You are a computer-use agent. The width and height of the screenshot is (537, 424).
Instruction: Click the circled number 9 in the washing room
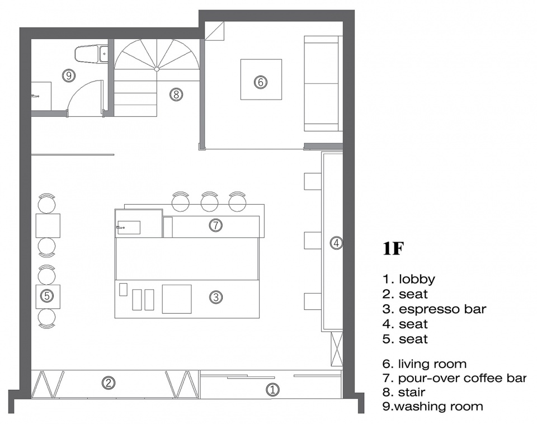pyautogui.click(x=69, y=75)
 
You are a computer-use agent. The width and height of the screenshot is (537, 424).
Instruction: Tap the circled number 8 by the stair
pyautogui.click(x=176, y=94)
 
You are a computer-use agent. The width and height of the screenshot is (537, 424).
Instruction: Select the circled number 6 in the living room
pyautogui.click(x=260, y=82)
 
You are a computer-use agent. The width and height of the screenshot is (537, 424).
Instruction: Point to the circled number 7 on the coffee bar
pyautogui.click(x=215, y=225)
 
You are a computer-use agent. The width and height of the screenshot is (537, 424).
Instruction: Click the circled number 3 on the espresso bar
pyautogui.click(x=216, y=297)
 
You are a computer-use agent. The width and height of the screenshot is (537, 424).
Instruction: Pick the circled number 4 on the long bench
pyautogui.click(x=336, y=243)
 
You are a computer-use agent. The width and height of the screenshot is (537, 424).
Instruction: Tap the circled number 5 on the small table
pyautogui.click(x=47, y=295)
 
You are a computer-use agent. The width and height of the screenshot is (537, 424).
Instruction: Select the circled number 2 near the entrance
pyautogui.click(x=108, y=383)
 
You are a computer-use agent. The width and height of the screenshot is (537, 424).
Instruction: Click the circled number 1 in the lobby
pyautogui.click(x=272, y=389)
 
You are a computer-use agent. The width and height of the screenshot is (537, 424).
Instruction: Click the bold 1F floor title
pyautogui.click(x=393, y=249)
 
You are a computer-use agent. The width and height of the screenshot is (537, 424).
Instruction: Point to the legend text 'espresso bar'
pyautogui.click(x=442, y=309)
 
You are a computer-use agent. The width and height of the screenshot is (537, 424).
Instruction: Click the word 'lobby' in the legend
pyautogui.click(x=417, y=279)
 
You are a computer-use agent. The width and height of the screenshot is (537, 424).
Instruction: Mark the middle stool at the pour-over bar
pyautogui.click(x=210, y=201)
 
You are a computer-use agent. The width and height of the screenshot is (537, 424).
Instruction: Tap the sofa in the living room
pyautogui.click(x=323, y=83)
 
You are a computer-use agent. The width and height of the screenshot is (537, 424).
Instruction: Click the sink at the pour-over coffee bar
pyautogui.click(x=129, y=228)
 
